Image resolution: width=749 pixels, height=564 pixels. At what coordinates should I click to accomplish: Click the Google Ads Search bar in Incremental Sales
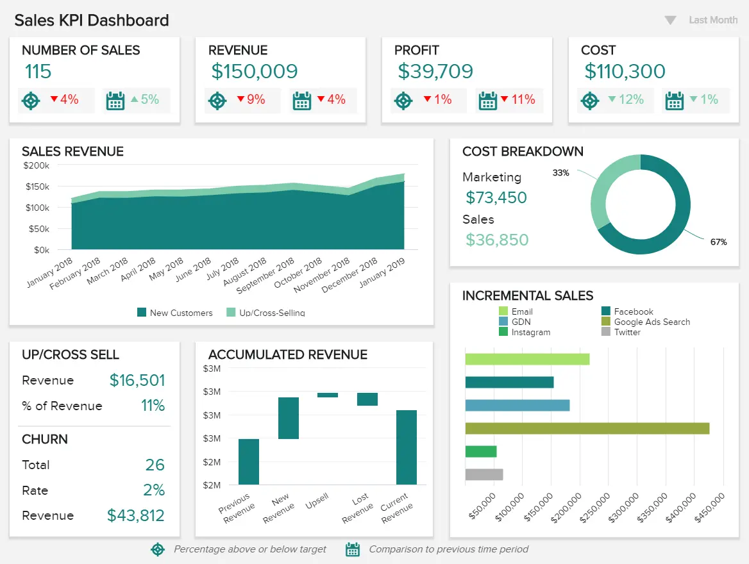pos(587,428)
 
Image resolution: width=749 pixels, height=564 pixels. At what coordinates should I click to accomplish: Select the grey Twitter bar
pos(484,474)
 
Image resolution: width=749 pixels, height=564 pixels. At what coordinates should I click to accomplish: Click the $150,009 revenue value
pos(255,71)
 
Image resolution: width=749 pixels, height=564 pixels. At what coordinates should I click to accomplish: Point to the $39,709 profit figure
pos(435,71)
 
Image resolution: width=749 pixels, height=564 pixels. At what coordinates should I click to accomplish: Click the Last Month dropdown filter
pos(702,20)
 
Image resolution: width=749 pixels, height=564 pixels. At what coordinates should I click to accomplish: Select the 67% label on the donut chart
pos(718,242)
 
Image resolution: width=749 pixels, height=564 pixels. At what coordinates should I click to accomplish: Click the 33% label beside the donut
pos(560,172)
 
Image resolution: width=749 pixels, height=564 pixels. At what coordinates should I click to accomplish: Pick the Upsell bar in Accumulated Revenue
pos(328,395)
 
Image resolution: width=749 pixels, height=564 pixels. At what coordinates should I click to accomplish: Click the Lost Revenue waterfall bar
pos(367,399)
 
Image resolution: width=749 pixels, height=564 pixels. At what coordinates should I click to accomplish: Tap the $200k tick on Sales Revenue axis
pos(37,165)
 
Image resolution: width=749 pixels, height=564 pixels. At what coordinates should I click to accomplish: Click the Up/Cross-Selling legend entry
pos(265,313)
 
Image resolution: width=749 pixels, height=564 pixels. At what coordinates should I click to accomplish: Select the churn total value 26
pos(155,465)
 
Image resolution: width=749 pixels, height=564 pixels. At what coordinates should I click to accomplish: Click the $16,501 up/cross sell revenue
pos(137,380)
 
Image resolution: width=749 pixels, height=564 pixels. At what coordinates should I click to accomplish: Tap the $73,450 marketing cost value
pos(496,197)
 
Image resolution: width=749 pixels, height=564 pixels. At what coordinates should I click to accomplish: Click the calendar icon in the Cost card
pos(674,101)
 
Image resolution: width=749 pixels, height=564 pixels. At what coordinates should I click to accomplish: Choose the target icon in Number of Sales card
pos(30,101)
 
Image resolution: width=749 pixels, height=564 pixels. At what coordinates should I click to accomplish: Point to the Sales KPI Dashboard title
pos(92,20)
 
